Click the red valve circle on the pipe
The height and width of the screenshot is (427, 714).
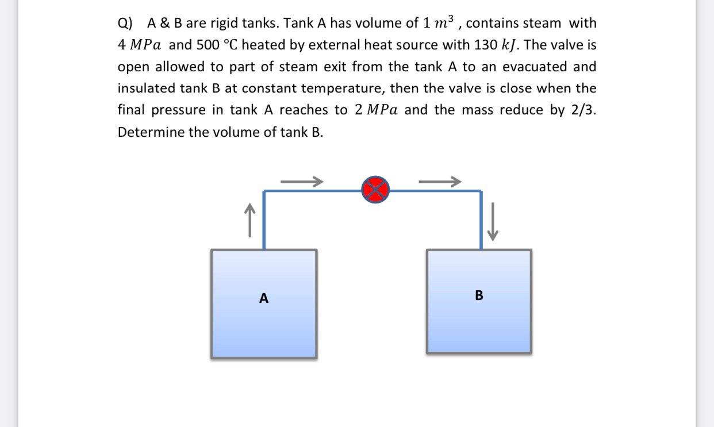coord(375,189)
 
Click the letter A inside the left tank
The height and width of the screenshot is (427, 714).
coord(264,298)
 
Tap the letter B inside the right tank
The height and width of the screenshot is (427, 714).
coord(479,296)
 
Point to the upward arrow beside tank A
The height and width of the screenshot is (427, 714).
coord(249,221)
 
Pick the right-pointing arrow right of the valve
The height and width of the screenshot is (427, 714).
coord(440,182)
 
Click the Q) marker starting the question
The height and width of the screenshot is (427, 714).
coord(125,24)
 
